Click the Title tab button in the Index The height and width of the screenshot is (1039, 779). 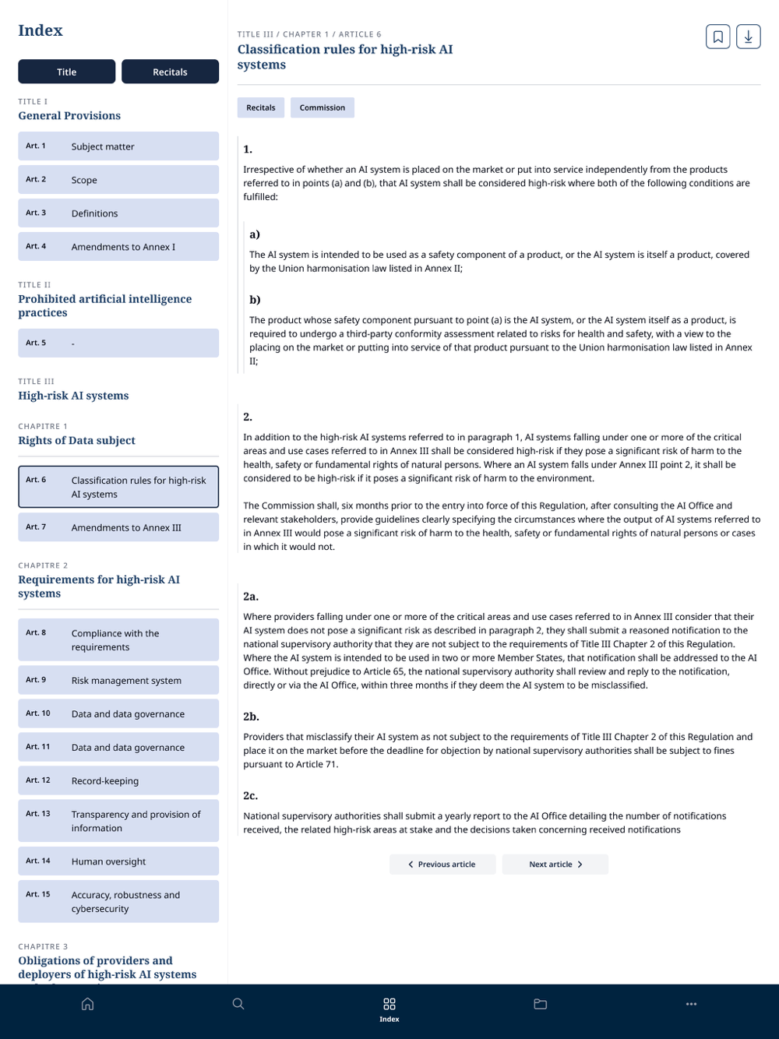tap(66, 72)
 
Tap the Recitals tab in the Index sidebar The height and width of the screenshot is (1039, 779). tap(170, 72)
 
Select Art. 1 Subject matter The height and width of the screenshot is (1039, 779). tap(118, 146)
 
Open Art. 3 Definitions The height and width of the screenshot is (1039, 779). tap(118, 213)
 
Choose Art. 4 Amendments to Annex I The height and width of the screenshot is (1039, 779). tap(118, 247)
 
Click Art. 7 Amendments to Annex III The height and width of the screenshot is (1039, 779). tap(118, 527)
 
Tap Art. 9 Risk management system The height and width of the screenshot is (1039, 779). tap(118, 680)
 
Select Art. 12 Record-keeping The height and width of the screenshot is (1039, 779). tap(118, 780)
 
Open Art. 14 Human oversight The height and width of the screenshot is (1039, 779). tap(118, 861)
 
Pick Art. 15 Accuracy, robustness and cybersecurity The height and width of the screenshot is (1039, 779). tap(118, 901)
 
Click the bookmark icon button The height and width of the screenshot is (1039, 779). tap(717, 37)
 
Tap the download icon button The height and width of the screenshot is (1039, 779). tap(748, 37)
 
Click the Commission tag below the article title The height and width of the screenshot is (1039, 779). tap(322, 107)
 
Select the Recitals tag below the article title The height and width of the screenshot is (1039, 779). tap(261, 107)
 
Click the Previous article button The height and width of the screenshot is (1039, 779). tap(442, 865)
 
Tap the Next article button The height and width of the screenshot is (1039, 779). tap(555, 865)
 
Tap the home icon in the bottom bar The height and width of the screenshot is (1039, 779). tap(88, 1004)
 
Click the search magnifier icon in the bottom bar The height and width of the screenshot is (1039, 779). tap(238, 1004)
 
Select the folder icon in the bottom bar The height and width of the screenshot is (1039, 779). tap(540, 1004)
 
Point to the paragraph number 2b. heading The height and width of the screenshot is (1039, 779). tap(251, 717)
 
